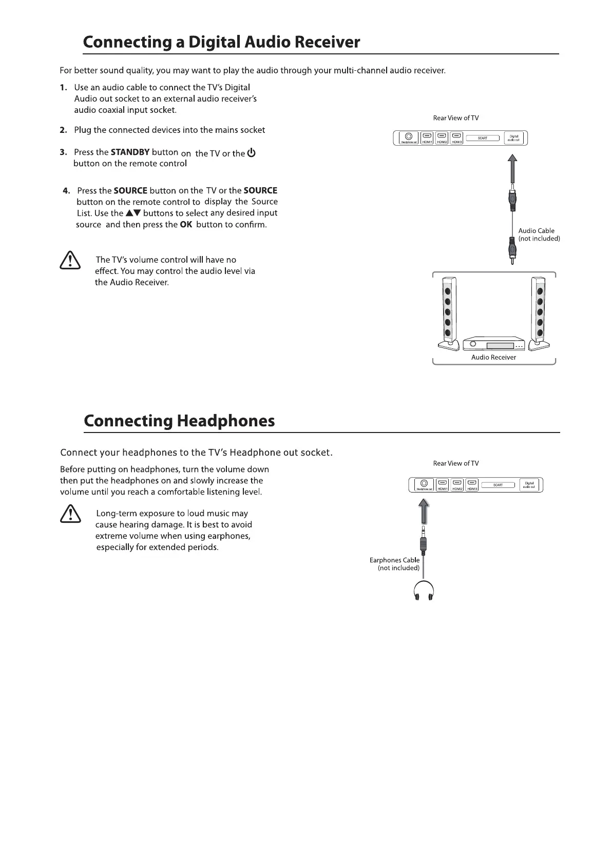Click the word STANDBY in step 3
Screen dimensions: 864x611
pos(130,152)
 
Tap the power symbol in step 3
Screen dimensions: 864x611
pos(252,153)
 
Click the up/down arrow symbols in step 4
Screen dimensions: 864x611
pos(133,213)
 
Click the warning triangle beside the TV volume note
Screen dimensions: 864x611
pos(70,261)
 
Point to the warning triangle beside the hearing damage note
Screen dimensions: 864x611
pos(70,514)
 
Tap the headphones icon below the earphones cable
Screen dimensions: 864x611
pos(424,591)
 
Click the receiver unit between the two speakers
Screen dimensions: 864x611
pos(493,345)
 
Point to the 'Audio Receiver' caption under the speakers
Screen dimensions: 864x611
pos(493,358)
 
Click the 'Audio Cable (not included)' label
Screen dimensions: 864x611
pos(539,235)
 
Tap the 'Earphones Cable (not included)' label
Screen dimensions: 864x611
pos(395,564)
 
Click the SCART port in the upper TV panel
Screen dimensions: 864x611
pos(483,138)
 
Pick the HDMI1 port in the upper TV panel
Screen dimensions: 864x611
pos(427,138)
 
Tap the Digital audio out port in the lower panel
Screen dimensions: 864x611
pos(529,484)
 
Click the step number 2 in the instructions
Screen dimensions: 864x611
pos(63,130)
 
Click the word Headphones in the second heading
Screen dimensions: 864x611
pos(225,421)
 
